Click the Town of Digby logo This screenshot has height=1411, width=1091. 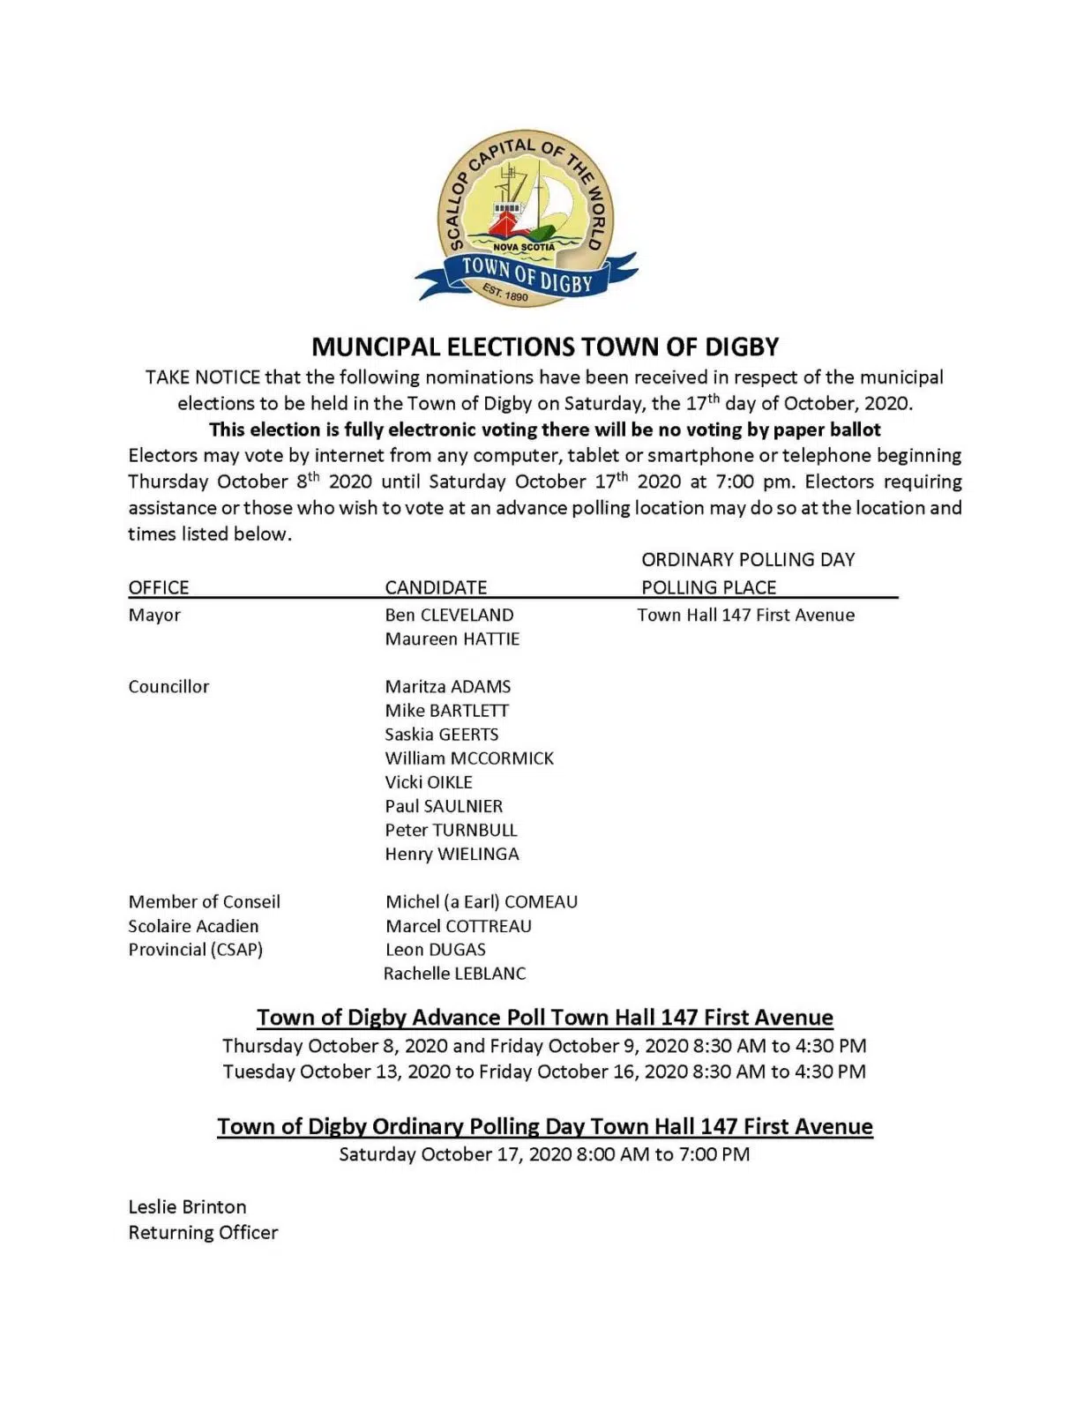click(527, 220)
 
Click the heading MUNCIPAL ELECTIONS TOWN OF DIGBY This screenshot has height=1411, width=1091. click(545, 347)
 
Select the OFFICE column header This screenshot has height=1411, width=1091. click(159, 587)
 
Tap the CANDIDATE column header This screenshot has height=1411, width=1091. click(436, 587)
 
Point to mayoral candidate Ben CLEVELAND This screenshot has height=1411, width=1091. click(449, 615)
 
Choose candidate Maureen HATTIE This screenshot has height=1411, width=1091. click(452, 638)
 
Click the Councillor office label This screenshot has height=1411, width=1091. click(168, 686)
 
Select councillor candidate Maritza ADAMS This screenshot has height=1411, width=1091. click(447, 686)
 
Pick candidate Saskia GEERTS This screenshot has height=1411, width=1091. click(441, 734)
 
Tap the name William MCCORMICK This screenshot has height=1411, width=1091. click(469, 758)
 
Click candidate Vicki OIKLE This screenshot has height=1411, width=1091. click(429, 782)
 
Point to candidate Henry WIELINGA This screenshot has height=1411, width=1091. click(452, 854)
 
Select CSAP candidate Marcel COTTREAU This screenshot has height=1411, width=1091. click(459, 926)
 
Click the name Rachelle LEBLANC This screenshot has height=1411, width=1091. click(454, 974)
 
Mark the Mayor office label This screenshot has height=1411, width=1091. click(154, 615)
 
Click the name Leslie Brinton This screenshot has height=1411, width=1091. click(187, 1206)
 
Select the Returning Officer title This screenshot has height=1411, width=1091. click(203, 1232)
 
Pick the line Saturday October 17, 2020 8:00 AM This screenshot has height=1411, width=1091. click(544, 1153)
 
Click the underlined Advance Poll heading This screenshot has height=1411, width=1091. click(545, 1018)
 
